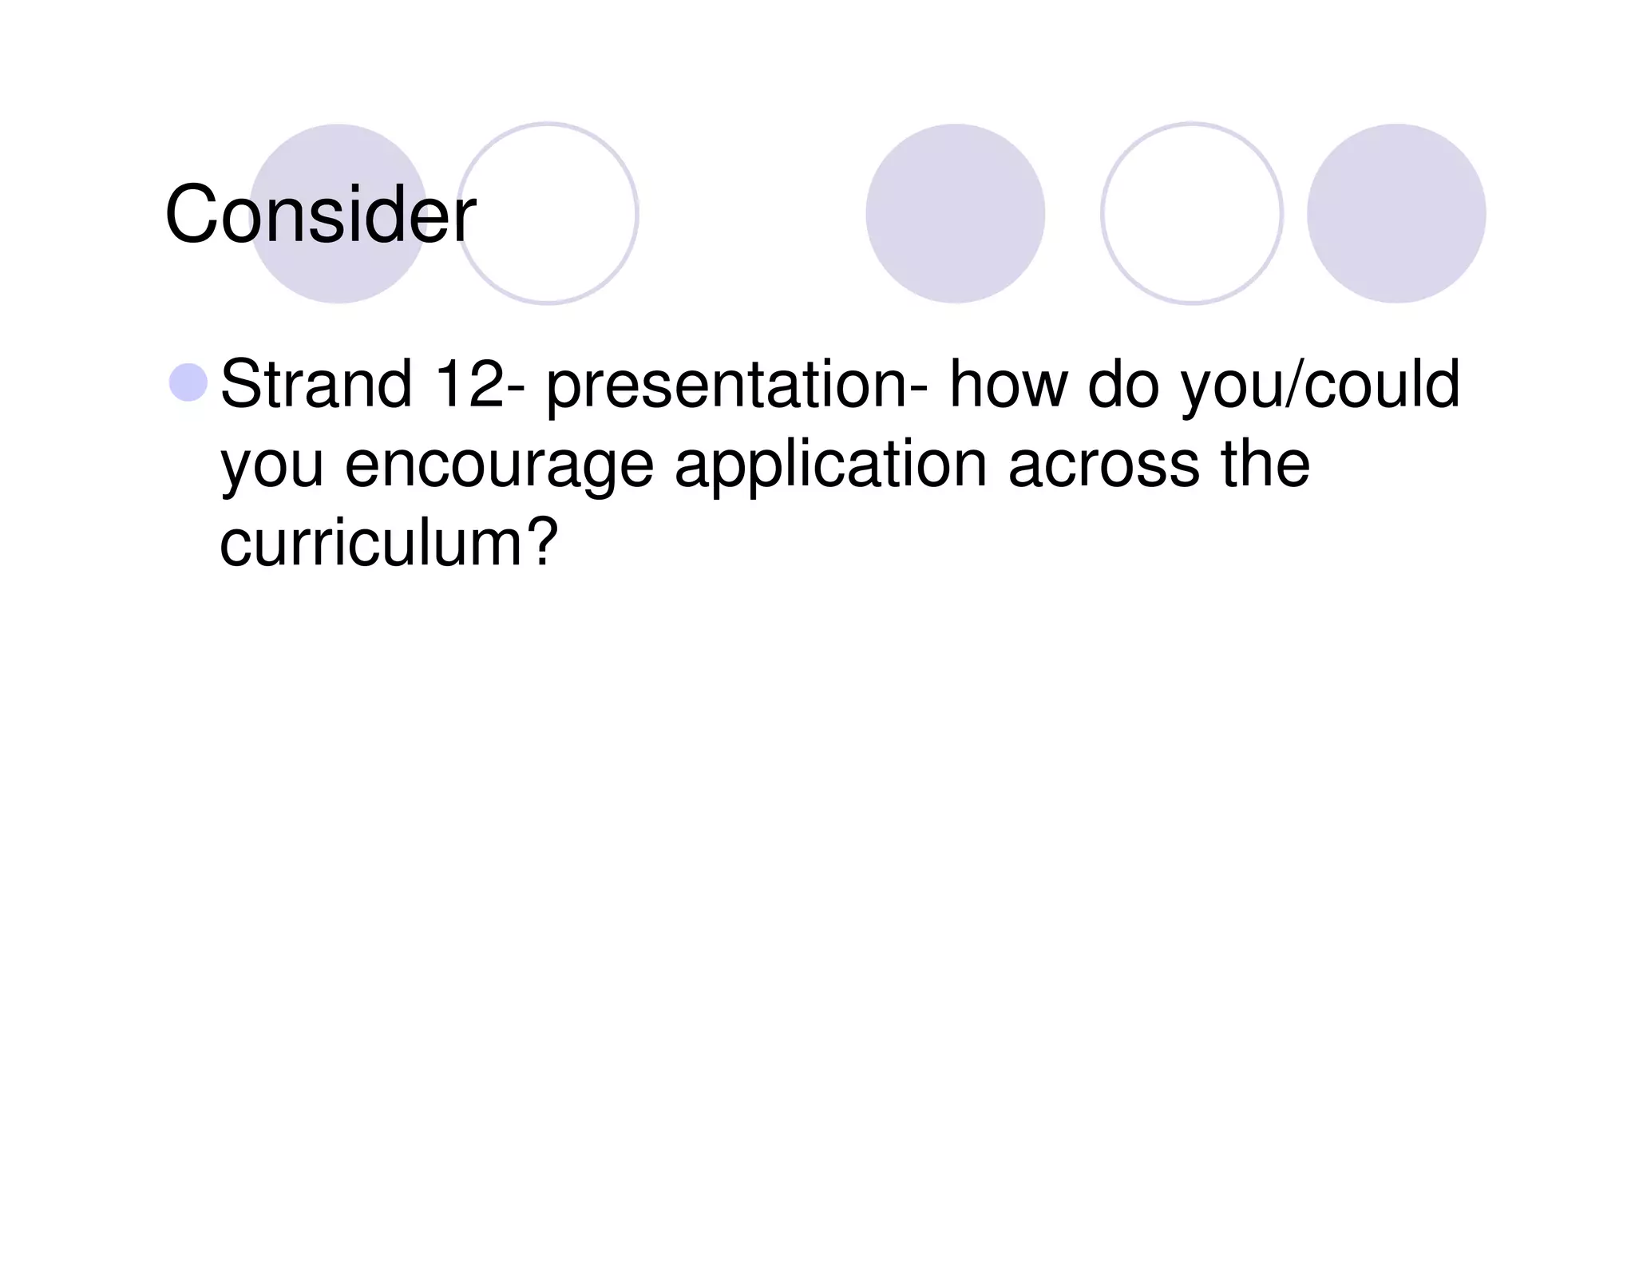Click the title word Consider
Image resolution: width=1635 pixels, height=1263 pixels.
click(320, 214)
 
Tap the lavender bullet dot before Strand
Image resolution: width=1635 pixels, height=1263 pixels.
click(188, 382)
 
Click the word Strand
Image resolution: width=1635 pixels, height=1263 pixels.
click(315, 384)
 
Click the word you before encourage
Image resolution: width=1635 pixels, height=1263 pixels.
click(271, 467)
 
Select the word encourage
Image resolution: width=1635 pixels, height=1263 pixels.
click(499, 467)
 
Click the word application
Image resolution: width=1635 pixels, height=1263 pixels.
click(830, 467)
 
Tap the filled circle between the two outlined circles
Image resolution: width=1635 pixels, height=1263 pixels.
click(955, 213)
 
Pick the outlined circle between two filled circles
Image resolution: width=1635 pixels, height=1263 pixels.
click(1191, 213)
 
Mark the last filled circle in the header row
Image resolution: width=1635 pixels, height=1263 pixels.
click(1395, 213)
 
